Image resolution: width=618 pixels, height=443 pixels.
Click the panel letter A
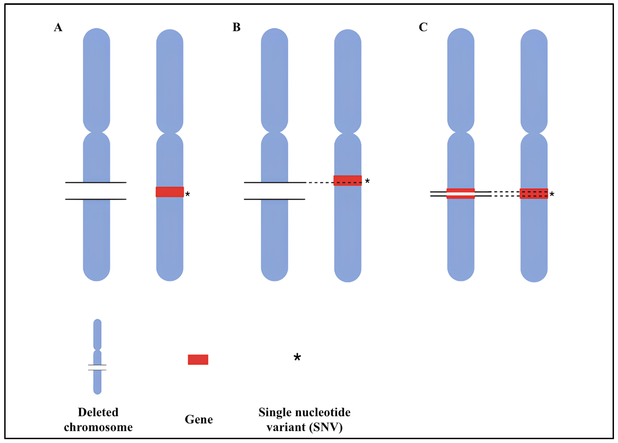pos(58,27)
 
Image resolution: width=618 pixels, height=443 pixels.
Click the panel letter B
pos(236,27)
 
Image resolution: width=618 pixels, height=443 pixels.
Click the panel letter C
pos(423,27)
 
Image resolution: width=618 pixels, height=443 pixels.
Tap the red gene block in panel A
pos(169,192)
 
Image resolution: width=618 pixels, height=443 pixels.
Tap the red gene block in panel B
pos(347,180)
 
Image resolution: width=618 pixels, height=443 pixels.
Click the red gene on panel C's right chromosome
pos(533,193)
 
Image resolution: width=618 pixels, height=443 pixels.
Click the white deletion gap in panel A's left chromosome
pos(96,191)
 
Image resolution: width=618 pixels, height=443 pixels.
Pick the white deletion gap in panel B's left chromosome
pos(274,191)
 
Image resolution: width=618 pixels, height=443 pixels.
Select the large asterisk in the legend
pos(297,357)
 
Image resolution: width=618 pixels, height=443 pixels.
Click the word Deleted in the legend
pos(98,412)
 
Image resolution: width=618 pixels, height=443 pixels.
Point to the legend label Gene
pos(199,419)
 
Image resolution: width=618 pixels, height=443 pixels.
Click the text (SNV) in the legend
pos(326,427)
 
